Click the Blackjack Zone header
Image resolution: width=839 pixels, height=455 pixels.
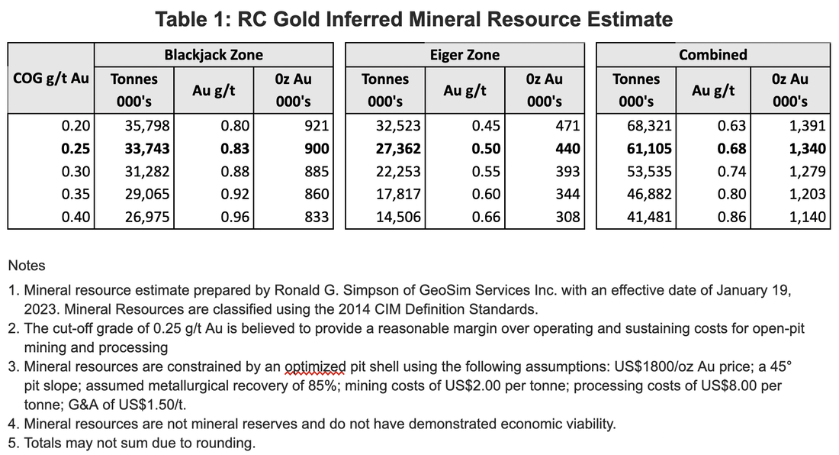click(x=214, y=55)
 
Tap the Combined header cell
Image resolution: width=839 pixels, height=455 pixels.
click(x=712, y=55)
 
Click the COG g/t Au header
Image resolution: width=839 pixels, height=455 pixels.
click(x=51, y=79)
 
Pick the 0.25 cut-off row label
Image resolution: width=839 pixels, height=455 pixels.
click(x=76, y=149)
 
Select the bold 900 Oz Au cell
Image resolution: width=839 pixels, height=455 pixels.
click(x=316, y=149)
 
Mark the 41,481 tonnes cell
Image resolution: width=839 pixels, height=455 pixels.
click(x=649, y=217)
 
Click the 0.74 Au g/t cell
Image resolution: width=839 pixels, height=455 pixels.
click(x=731, y=172)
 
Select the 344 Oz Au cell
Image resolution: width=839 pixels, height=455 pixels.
click(x=567, y=194)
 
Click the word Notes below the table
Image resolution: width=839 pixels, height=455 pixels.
click(x=27, y=266)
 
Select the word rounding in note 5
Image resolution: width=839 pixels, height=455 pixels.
click(x=227, y=443)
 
